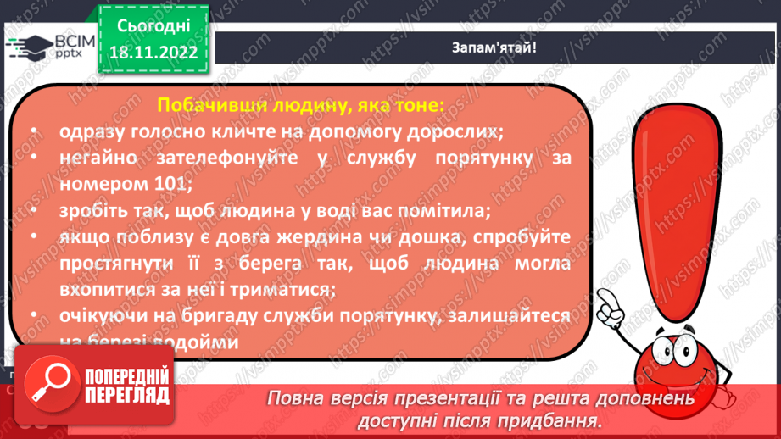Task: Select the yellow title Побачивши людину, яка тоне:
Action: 299,105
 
